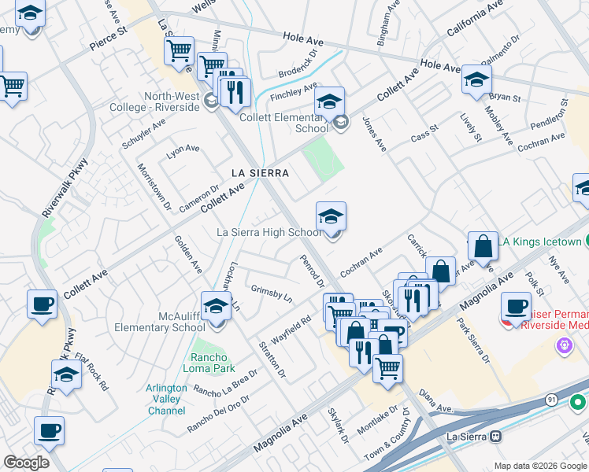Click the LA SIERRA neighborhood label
tap(259, 172)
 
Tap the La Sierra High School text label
tap(269, 232)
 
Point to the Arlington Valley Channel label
tap(166, 400)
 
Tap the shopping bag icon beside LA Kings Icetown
tap(483, 247)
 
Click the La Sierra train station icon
tap(495, 436)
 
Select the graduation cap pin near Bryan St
tap(476, 79)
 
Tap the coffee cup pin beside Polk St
tap(517, 306)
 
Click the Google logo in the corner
tap(27, 463)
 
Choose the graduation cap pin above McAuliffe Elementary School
tap(215, 307)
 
